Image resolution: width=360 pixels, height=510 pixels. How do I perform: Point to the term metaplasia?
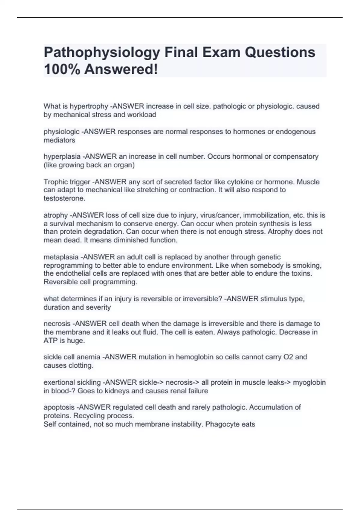click(x=62, y=257)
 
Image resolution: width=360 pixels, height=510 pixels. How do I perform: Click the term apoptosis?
click(x=59, y=407)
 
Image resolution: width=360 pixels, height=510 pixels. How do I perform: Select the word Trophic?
click(x=54, y=182)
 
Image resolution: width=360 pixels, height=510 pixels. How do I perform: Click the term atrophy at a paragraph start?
click(x=55, y=215)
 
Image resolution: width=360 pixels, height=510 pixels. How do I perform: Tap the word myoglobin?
click(x=309, y=382)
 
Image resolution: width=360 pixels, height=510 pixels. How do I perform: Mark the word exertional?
click(x=59, y=382)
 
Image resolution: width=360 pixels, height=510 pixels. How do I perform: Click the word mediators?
click(x=59, y=140)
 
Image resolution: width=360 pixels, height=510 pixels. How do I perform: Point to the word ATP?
click(x=50, y=341)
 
